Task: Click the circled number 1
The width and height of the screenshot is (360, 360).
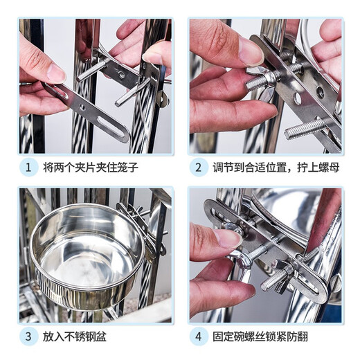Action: (x=29, y=168)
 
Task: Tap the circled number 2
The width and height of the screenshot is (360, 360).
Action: (x=198, y=168)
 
